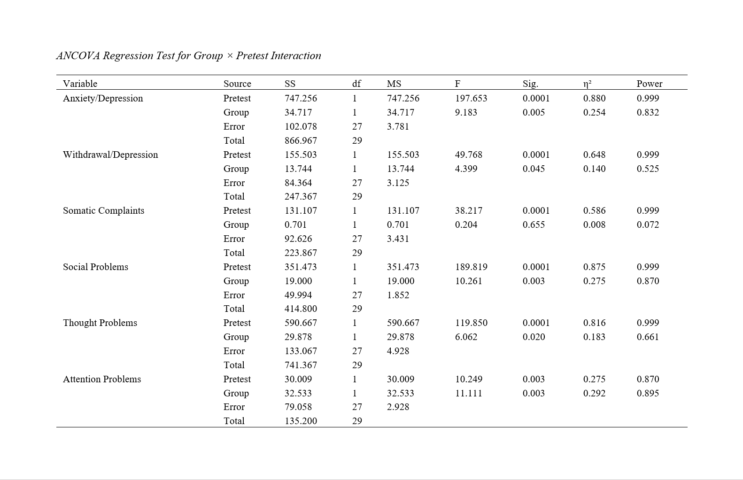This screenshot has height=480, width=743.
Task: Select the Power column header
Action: tap(649, 84)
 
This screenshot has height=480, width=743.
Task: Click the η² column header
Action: tap(587, 84)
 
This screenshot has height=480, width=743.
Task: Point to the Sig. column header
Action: tap(530, 84)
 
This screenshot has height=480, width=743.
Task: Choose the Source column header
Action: tap(237, 84)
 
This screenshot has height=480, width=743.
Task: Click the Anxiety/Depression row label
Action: tap(103, 98)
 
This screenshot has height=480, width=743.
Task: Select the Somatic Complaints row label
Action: tap(103, 210)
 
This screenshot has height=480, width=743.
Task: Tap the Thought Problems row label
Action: tap(100, 323)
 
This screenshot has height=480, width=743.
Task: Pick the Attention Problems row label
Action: tap(102, 379)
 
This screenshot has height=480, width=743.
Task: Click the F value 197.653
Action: tap(471, 98)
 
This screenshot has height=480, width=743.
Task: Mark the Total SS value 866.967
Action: tap(301, 140)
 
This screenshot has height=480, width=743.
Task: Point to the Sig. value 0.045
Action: tap(534, 169)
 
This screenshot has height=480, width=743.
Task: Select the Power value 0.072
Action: tap(648, 225)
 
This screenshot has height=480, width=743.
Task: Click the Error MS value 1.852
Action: tap(398, 295)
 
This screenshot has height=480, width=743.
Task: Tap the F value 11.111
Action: tap(468, 393)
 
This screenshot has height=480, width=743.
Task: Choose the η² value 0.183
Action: tap(594, 337)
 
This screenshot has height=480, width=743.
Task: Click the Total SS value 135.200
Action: tap(301, 421)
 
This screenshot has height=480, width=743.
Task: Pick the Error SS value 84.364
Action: tap(298, 183)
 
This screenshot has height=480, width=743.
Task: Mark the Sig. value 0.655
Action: tap(534, 225)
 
